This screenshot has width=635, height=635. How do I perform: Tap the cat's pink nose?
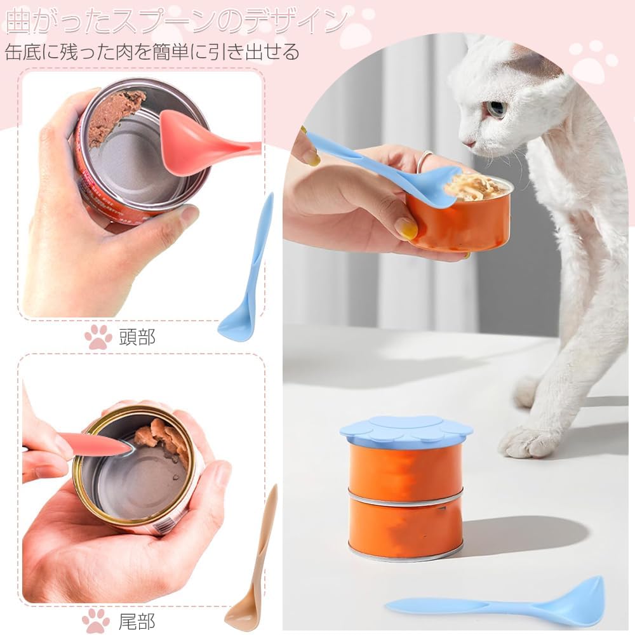pos(468,144)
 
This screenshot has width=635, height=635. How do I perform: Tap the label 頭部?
pos(137,337)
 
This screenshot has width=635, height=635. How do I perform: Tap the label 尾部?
pos(137,621)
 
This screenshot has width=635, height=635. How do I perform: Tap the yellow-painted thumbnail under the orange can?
pos(406,228)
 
